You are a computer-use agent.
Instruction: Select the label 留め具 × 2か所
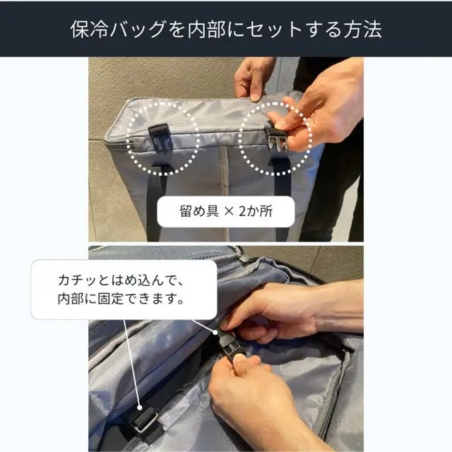point(226,211)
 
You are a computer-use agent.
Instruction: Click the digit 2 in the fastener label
point(243,211)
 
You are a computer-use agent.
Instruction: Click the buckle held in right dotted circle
point(276,140)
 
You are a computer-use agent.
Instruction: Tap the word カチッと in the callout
point(82,280)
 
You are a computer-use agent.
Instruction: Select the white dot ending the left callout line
point(140,408)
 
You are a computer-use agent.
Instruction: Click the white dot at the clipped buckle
point(215,333)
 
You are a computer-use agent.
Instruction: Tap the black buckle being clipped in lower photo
point(230,346)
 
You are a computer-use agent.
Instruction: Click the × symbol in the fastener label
point(229,212)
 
